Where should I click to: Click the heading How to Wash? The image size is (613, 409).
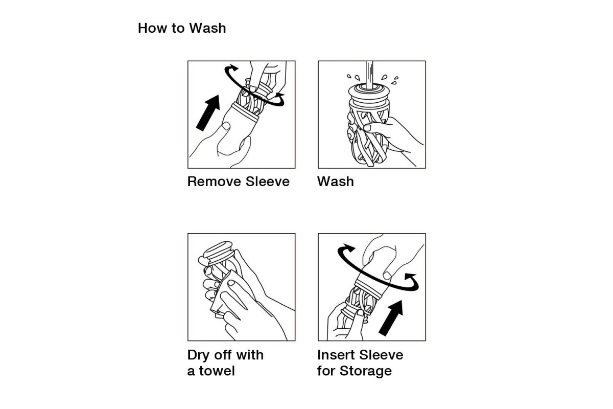[x=182, y=28]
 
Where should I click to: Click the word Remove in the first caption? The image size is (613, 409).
[x=214, y=181]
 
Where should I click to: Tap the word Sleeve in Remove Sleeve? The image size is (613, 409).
[x=267, y=181]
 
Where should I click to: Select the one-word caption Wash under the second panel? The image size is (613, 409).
[x=336, y=181]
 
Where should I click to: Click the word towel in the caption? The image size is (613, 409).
[x=217, y=371]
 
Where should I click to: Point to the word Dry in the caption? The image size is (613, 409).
[x=198, y=355]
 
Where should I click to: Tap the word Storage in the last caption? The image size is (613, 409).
[x=366, y=371]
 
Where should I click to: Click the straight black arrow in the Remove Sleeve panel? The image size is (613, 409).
[x=208, y=112]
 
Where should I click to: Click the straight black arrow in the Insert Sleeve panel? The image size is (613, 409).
[x=391, y=318]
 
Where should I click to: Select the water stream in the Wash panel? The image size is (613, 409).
[x=369, y=75]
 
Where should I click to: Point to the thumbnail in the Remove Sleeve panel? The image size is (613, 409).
[x=226, y=126]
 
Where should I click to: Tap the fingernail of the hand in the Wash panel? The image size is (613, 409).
[x=367, y=128]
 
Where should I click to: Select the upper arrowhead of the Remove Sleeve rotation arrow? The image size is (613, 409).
[x=233, y=67]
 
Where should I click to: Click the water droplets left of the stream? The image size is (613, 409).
[x=353, y=77]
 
